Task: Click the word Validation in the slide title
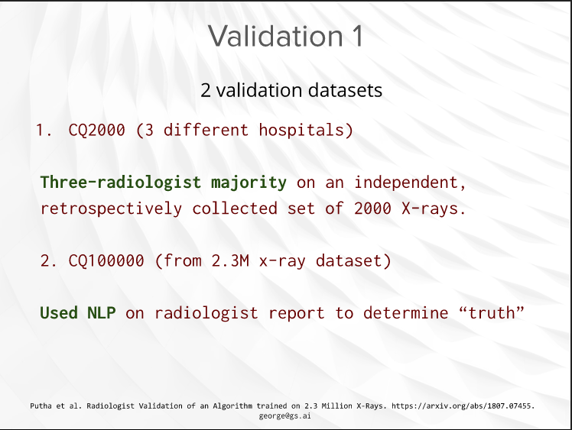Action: tap(276, 36)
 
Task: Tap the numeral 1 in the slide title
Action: tap(358, 36)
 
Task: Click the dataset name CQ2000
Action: tap(96, 130)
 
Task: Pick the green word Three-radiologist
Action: tap(121, 183)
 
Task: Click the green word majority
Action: tap(249, 183)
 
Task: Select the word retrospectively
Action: tap(111, 209)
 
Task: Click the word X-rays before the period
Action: tap(430, 209)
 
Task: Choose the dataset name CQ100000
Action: tap(106, 261)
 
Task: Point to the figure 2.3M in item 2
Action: tap(230, 261)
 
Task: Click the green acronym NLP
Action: tap(102, 312)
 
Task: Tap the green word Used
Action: tap(59, 312)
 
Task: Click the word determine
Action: tap(405, 313)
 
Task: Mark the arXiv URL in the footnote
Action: tap(461, 406)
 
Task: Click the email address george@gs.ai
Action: tap(285, 415)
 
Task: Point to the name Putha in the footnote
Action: tap(41, 406)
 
